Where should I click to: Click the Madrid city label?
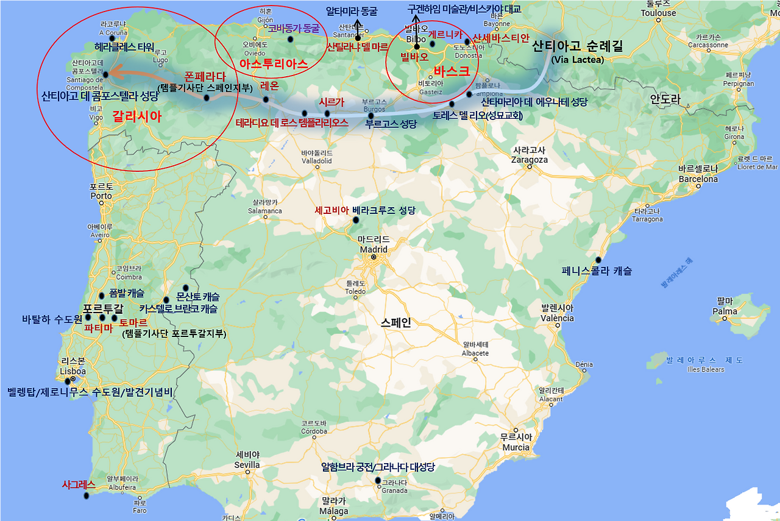coord(374,249)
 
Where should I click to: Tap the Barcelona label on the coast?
coord(698,179)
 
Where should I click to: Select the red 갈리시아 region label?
coord(136,118)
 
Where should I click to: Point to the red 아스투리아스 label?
coord(273,63)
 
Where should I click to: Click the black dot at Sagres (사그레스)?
coord(86,495)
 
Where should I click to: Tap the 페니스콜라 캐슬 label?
coord(597,271)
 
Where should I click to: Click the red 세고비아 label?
coord(331,210)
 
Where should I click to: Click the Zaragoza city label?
coord(530,160)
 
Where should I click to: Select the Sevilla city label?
coord(247,465)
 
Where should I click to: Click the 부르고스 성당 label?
coord(391,125)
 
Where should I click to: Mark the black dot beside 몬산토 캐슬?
coord(186,288)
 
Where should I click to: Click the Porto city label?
coord(101,196)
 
